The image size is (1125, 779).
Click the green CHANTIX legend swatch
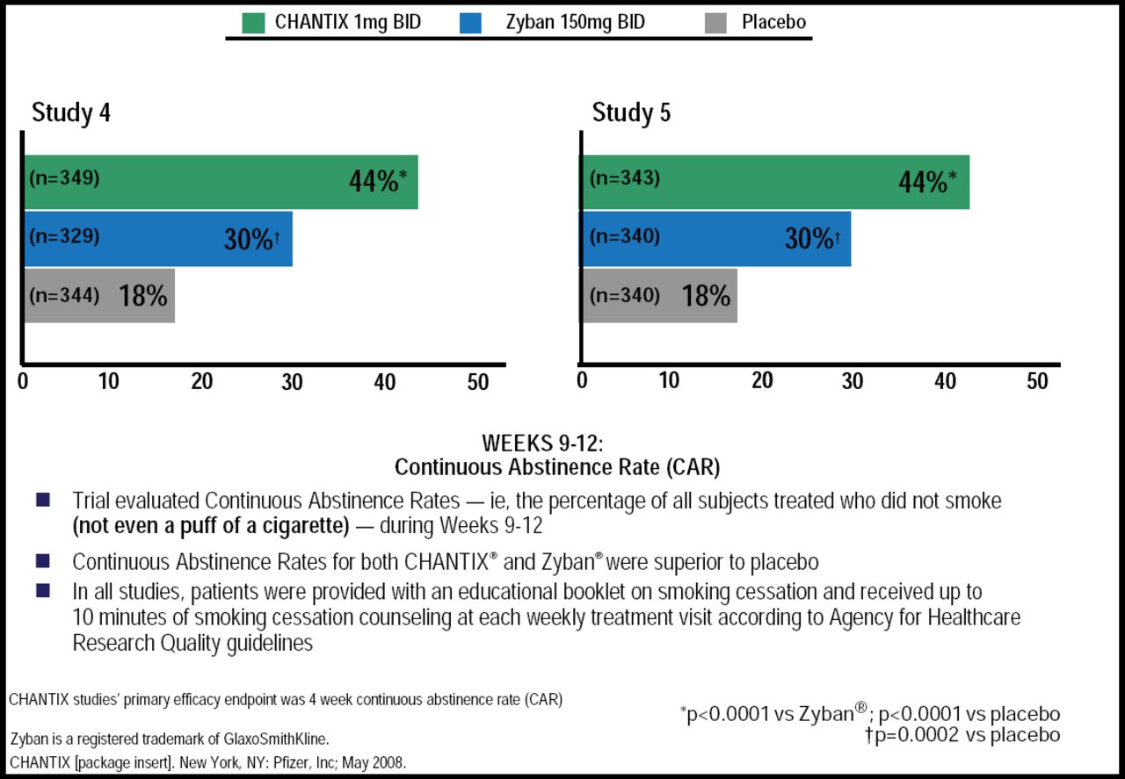click(253, 22)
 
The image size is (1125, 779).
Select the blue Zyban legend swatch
click(470, 22)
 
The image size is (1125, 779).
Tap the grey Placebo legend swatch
click(717, 22)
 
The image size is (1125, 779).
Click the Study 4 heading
click(70, 113)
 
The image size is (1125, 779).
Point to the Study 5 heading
click(631, 113)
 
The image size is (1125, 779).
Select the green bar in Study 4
click(220, 182)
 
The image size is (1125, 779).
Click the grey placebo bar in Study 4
click(98, 295)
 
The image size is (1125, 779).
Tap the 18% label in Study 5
click(706, 296)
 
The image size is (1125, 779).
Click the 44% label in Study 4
click(373, 182)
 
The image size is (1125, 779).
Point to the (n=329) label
click(64, 236)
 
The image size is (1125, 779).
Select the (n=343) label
click(624, 178)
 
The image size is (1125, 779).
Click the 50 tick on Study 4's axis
click(477, 382)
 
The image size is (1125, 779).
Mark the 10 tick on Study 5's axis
click(669, 381)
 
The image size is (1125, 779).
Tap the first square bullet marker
click(43, 500)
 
